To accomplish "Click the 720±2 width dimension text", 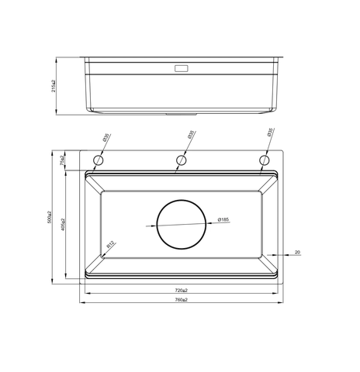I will pos(182,290).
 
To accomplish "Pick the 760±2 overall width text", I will pos(182,299).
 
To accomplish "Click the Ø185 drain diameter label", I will pos(222,220).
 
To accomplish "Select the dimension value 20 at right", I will pos(297,252).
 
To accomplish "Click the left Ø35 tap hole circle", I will pos(99,160).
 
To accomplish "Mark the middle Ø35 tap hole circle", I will pos(182,160).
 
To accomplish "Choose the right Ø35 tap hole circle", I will pos(265,160).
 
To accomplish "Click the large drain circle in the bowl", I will pos(182,224).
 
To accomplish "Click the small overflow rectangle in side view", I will pos(182,68).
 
